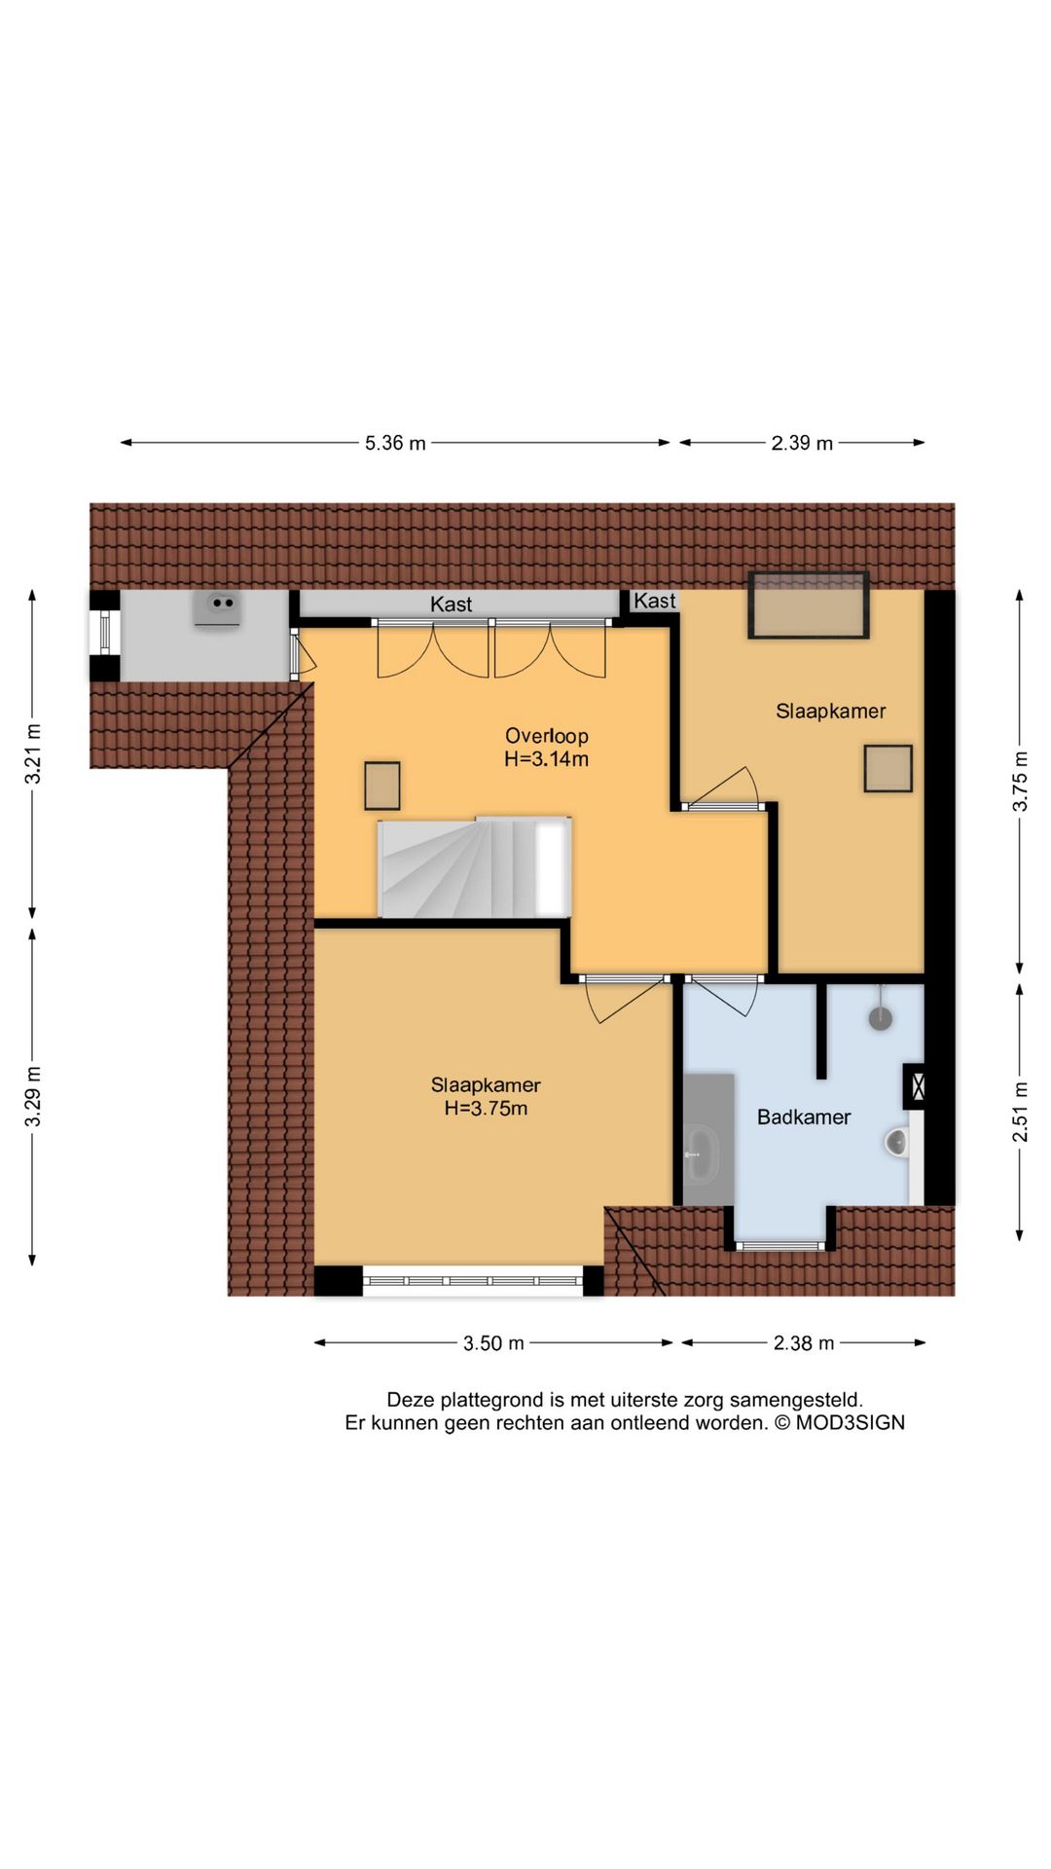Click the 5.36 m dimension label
pyautogui.click(x=395, y=443)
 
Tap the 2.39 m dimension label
pyautogui.click(x=802, y=443)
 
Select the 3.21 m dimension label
pyautogui.click(x=33, y=753)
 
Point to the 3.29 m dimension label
pyautogui.click(x=33, y=1096)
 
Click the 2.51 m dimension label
pyautogui.click(x=1020, y=1111)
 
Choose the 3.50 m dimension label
pyautogui.click(x=493, y=1343)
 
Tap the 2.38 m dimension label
pyautogui.click(x=804, y=1343)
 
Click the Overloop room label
pyautogui.click(x=547, y=736)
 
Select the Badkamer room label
pyautogui.click(x=804, y=1118)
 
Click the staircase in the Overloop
pyautogui.click(x=474, y=867)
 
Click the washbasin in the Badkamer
pyautogui.click(x=700, y=1152)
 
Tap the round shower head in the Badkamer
pyautogui.click(x=881, y=1018)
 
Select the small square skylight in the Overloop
pyautogui.click(x=382, y=786)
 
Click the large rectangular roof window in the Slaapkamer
pyautogui.click(x=809, y=605)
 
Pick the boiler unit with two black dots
pyautogui.click(x=218, y=608)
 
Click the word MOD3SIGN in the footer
pyautogui.click(x=851, y=1422)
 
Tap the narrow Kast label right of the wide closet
pyautogui.click(x=655, y=601)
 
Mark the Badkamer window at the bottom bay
pyautogui.click(x=780, y=1245)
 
